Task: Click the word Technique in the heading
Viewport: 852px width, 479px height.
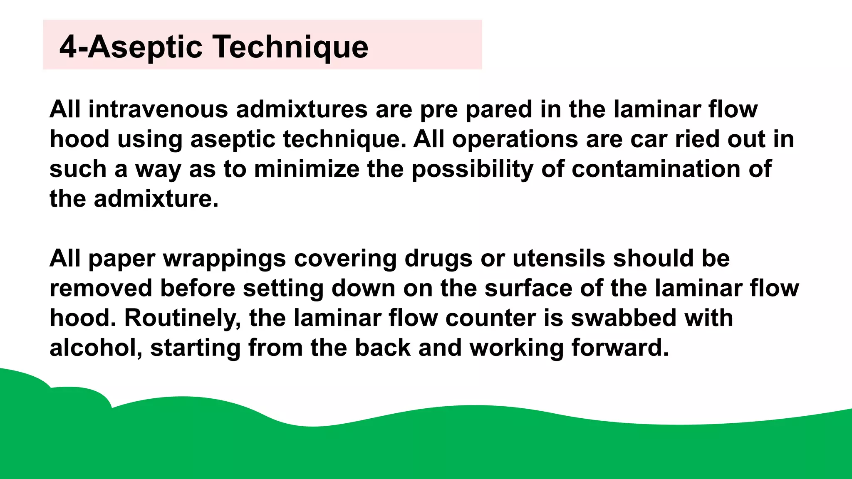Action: pyautogui.click(x=291, y=47)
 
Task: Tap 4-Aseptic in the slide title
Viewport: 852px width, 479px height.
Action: pyautogui.click(x=131, y=47)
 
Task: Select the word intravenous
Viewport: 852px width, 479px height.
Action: pyautogui.click(x=158, y=109)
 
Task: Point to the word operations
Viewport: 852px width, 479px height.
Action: pyautogui.click(x=515, y=139)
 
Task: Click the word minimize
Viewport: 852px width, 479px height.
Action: pyautogui.click(x=307, y=169)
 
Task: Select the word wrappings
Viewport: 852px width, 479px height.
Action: pyautogui.click(x=224, y=258)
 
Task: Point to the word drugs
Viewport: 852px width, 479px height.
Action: pyautogui.click(x=438, y=258)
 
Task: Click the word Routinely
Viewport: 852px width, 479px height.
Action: pyautogui.click(x=183, y=318)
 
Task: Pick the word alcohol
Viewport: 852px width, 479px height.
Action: pyautogui.click(x=96, y=348)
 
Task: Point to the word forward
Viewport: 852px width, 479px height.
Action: pyautogui.click(x=620, y=348)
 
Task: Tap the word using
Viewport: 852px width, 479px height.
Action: pyautogui.click(x=150, y=139)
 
